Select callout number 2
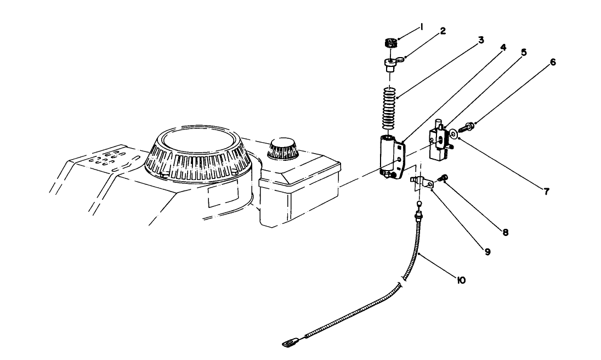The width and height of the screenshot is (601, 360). pos(443,32)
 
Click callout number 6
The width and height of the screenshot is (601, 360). pos(552,62)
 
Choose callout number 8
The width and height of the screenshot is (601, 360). pos(505,232)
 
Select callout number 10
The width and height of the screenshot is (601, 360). pos(461,280)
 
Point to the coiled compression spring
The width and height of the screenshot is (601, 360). pos(389,109)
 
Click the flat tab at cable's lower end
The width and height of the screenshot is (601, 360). pos(288,344)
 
